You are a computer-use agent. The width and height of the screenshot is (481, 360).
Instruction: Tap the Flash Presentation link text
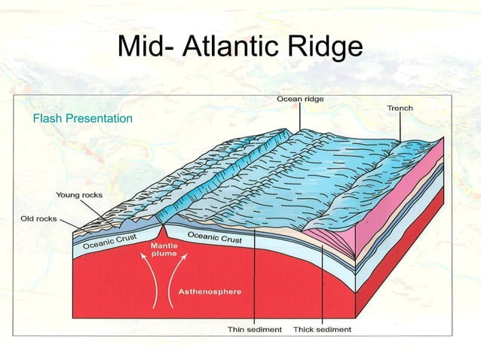tap(82, 119)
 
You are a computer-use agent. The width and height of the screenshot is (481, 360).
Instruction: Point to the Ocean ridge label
tap(299, 99)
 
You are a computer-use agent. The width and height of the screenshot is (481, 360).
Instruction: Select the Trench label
tap(400, 108)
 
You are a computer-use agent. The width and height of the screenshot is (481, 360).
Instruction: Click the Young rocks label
tap(79, 195)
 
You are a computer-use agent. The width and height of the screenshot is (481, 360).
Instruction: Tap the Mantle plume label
tap(164, 249)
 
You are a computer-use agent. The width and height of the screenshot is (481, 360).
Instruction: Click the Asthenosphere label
tap(210, 291)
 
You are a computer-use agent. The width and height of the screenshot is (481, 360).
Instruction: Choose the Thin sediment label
tap(255, 329)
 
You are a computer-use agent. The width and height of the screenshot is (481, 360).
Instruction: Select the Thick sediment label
tap(322, 329)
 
